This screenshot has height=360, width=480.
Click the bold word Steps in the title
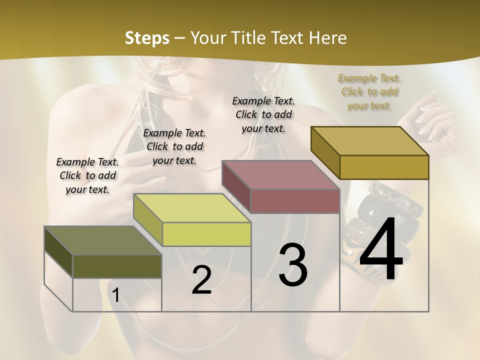147,38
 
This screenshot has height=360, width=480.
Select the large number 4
381,250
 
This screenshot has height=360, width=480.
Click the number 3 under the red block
293,265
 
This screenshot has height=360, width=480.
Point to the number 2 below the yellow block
201,280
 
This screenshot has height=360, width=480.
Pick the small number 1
115,295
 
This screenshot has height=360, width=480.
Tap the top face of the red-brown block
281,175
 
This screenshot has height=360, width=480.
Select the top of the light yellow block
192,208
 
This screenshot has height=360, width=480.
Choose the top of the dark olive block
103,240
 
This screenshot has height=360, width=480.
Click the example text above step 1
87,175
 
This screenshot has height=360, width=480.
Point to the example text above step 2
174,146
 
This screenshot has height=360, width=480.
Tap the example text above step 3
263,114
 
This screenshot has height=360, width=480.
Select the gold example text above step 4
369,91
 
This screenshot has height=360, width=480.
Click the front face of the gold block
384,167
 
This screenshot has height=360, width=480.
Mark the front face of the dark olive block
117,266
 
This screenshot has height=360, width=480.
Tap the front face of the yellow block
206,234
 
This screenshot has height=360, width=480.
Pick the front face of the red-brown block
295,201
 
